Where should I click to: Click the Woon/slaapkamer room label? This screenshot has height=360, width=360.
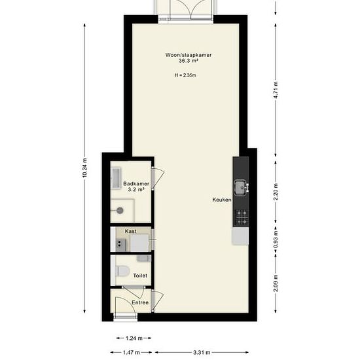coord(189,55)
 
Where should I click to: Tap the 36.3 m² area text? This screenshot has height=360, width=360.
coord(189,61)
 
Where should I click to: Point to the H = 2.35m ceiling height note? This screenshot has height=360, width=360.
coord(185,75)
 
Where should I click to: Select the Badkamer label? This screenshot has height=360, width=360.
coord(136,184)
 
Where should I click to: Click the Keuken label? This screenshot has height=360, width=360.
coord(222,200)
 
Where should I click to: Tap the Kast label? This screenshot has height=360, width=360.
coord(131,231)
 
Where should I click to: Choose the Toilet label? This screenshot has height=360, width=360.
coord(140,276)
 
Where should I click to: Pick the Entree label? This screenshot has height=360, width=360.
coord(140,302)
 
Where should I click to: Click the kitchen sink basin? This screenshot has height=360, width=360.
coord(240,188)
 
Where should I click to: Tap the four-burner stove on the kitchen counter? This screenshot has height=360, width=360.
coord(242,217)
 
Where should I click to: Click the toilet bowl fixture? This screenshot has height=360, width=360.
coord(122,271)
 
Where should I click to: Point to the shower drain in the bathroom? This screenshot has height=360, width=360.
coord(120,210)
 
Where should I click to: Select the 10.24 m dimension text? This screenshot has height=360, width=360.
coord(84,168)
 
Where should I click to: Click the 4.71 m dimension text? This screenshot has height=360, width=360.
coord(276,90)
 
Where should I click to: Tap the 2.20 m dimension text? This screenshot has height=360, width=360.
coord(276,192)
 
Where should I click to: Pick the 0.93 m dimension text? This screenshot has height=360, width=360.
coord(276,239)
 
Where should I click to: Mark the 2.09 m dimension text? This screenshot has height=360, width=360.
coord(276,283)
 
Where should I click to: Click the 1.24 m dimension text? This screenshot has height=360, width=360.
coord(134,338)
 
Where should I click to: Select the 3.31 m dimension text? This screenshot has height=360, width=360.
coord(202,352)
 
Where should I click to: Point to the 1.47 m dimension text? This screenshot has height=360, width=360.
coord(131,352)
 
